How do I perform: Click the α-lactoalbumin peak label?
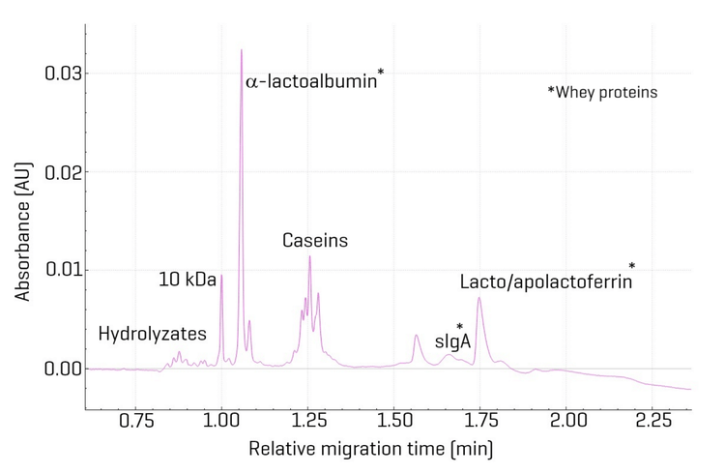click(311, 83)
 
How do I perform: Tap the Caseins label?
click(315, 240)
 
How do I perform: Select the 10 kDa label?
click(188, 281)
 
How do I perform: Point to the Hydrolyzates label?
click(153, 334)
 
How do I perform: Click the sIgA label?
click(451, 341)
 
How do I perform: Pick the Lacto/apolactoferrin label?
click(546, 282)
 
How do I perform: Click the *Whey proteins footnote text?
click(602, 93)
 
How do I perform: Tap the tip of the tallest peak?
click(242, 49)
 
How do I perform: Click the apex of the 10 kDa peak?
click(221, 276)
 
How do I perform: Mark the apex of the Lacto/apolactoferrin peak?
click(478, 298)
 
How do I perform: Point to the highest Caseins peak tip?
click(309, 256)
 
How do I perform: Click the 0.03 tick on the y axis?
click(59, 74)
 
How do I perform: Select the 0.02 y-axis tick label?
click(59, 172)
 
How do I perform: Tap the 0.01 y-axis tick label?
click(59, 270)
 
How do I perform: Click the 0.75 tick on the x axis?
click(135, 422)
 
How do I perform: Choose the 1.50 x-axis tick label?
click(394, 422)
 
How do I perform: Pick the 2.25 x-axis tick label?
click(653, 422)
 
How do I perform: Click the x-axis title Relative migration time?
click(371, 450)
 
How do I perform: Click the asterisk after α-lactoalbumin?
click(381, 73)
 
